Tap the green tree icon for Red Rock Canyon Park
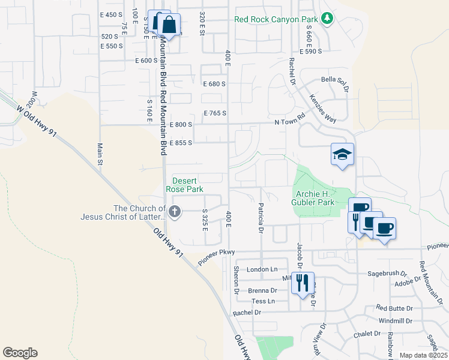point(327,19)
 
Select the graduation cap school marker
point(342,155)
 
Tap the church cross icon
point(175,211)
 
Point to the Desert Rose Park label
point(188,185)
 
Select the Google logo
point(20,353)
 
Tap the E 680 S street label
point(214,84)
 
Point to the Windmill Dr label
point(395,320)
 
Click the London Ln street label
point(262,269)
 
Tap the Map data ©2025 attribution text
point(424,355)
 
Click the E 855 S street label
point(181,143)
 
